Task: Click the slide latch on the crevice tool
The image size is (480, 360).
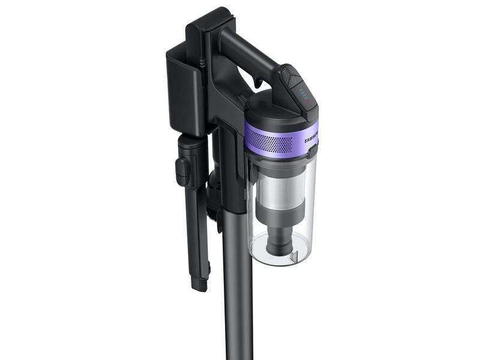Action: (x=182, y=171)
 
